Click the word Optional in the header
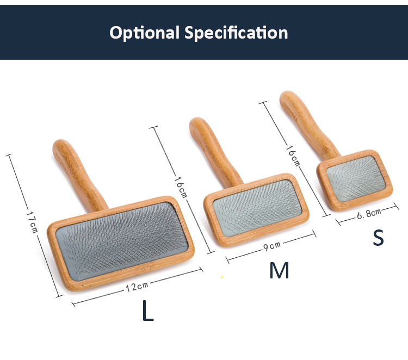[144, 33]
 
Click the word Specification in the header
[236, 33]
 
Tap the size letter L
[148, 311]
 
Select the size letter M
[279, 270]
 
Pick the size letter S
[378, 237]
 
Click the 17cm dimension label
[32, 222]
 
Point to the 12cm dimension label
[137, 287]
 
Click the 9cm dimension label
[272, 246]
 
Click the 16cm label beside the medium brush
[181, 187]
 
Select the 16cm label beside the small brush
[293, 156]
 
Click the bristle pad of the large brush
[122, 241]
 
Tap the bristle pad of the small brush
[356, 178]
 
